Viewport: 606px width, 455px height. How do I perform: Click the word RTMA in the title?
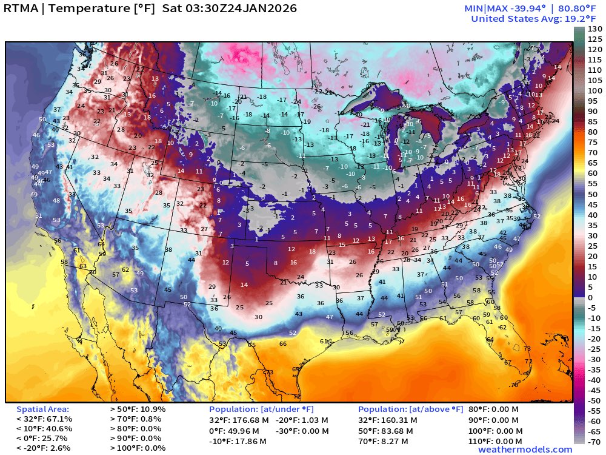point(22,9)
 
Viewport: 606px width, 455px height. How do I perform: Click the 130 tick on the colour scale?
point(594,29)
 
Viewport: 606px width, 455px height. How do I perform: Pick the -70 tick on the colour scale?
point(594,441)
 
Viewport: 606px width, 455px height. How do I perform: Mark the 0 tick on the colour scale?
point(590,297)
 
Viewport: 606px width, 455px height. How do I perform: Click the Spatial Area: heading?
point(42,409)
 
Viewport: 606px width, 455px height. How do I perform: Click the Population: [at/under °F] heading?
point(261,409)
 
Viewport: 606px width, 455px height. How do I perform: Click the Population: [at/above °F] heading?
point(410,409)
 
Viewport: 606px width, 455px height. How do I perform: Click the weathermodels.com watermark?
point(525,450)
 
